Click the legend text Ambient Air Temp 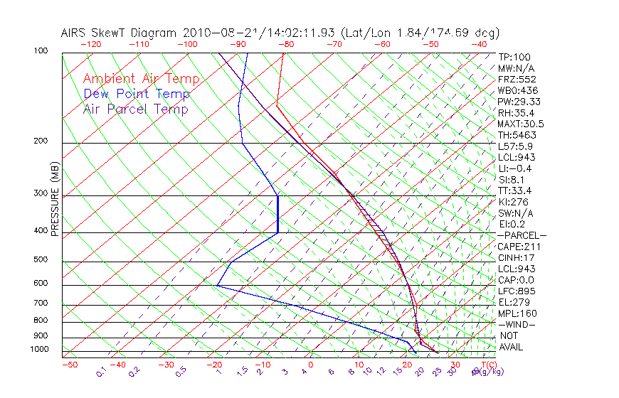(141, 79)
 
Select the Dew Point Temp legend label (137, 94)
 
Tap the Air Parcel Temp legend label (135, 109)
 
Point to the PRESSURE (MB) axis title (55, 200)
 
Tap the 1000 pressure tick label (40, 349)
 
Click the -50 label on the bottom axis (69, 365)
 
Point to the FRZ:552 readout (517, 79)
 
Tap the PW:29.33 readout (519, 102)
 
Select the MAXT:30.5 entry (522, 124)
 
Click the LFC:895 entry (517, 291)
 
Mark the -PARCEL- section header (522, 235)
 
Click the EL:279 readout (514, 302)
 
